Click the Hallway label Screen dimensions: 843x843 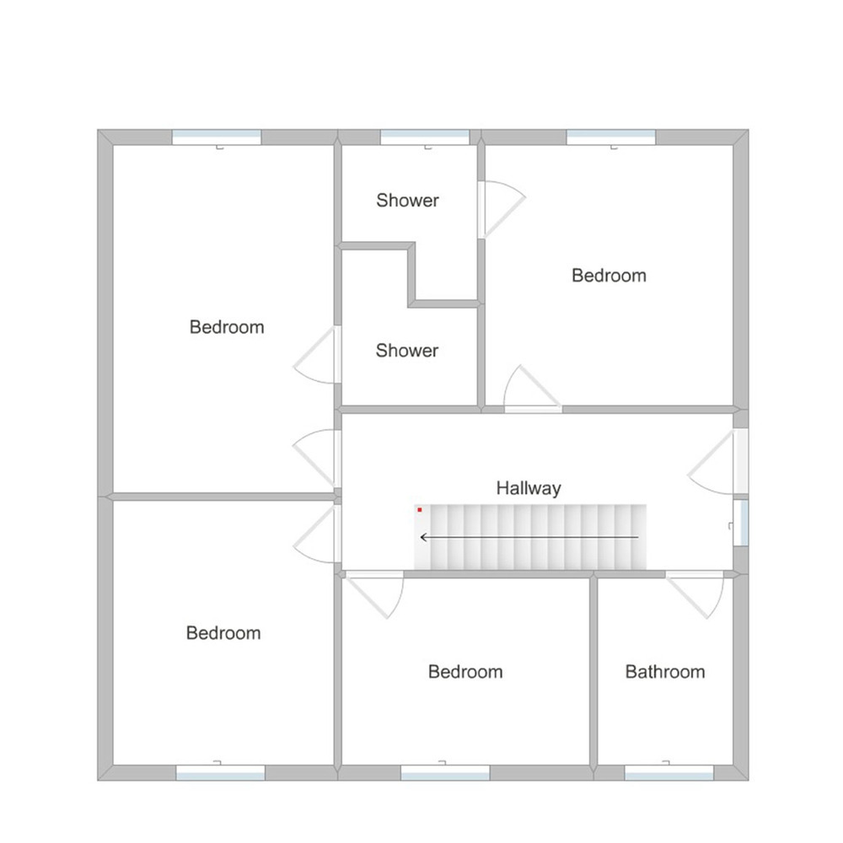(x=529, y=488)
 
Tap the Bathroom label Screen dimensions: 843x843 (x=665, y=672)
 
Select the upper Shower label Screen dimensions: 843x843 (x=407, y=201)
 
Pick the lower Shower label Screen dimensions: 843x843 (x=407, y=351)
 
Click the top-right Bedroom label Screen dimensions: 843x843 (x=609, y=276)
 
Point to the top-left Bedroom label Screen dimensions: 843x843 (x=227, y=327)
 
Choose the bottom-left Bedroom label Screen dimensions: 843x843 (x=223, y=633)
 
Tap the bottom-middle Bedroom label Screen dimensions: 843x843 (x=465, y=672)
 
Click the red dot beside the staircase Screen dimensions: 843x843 (x=420, y=510)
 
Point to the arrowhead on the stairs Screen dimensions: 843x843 (x=424, y=537)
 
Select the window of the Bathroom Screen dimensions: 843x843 (x=668, y=772)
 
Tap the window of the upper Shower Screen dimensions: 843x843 (x=425, y=137)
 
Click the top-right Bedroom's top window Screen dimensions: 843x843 (x=610, y=137)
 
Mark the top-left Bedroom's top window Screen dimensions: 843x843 (x=217, y=137)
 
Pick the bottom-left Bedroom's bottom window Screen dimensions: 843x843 (x=220, y=772)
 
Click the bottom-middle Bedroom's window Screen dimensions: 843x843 (x=445, y=772)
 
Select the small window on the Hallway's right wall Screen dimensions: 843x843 (x=741, y=523)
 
